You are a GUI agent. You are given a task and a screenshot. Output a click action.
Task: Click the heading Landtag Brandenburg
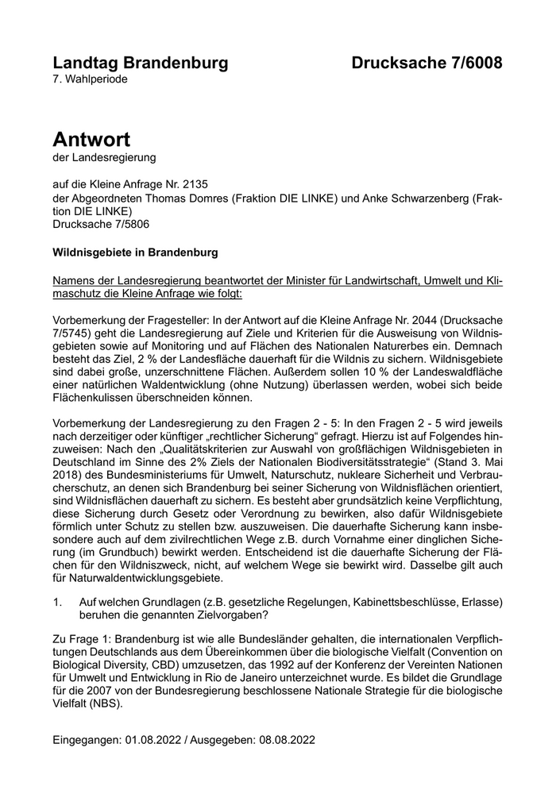tap(141, 63)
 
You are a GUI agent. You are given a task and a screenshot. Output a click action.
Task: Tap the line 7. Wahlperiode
tap(90, 79)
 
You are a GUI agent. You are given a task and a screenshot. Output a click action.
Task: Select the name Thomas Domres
tap(191, 198)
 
